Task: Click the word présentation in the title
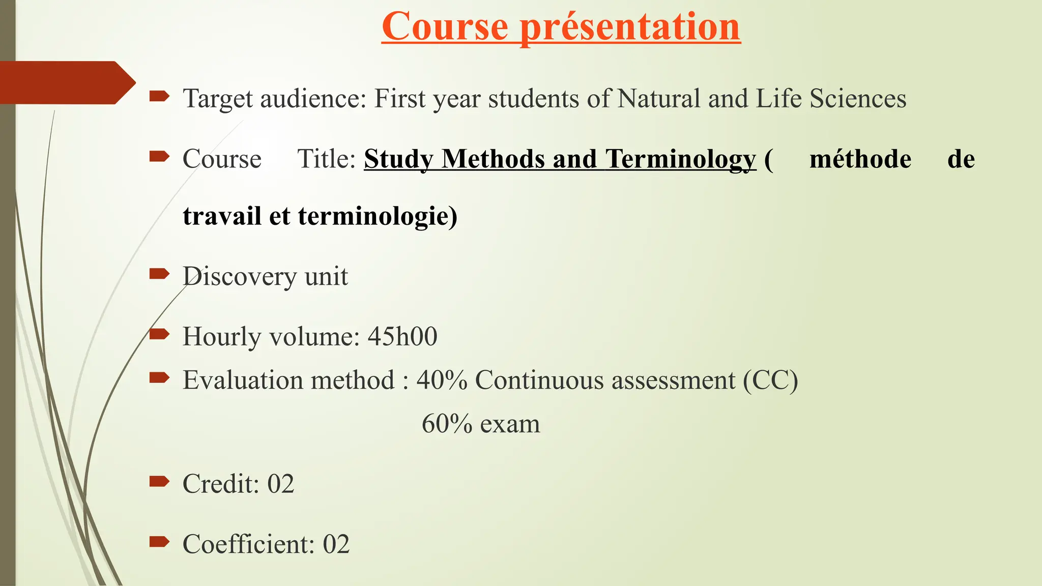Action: click(630, 26)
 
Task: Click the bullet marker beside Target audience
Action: click(159, 96)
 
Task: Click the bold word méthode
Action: click(860, 159)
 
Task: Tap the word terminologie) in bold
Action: click(378, 216)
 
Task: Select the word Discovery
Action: click(239, 277)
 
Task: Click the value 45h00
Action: click(402, 337)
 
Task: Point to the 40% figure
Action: click(442, 380)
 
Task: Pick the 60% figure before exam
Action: click(447, 424)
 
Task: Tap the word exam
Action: click(510, 425)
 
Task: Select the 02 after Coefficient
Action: click(336, 544)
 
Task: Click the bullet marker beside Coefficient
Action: click(159, 542)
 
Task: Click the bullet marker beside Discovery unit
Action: click(159, 275)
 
